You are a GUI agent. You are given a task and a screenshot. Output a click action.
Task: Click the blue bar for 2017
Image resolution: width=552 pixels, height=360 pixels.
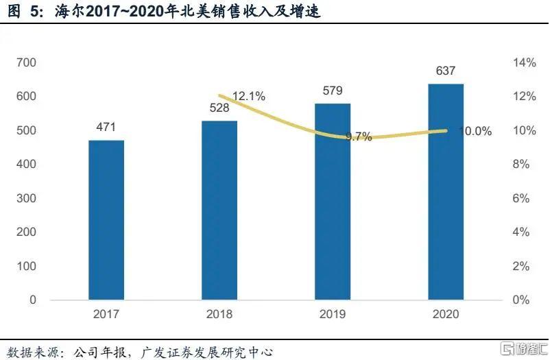click(106, 220)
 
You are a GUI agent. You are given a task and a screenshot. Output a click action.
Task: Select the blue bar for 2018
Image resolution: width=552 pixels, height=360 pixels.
click(219, 211)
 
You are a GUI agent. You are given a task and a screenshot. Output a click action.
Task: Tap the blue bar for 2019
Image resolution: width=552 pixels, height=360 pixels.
click(333, 202)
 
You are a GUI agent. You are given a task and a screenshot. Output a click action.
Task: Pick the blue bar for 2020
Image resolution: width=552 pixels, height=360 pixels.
click(446, 192)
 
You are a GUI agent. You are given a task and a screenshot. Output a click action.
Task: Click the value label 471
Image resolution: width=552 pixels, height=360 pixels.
click(106, 127)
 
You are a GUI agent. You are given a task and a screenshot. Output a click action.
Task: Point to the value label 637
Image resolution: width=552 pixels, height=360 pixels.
click(446, 71)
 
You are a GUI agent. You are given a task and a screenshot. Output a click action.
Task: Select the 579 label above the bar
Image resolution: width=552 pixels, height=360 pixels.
click(333, 91)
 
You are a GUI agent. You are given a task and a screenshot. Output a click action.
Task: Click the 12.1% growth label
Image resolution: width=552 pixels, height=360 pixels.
click(248, 97)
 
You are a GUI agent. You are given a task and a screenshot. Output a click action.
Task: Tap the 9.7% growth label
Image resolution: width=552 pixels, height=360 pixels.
click(359, 136)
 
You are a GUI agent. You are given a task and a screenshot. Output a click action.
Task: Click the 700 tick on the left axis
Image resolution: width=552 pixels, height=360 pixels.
click(27, 63)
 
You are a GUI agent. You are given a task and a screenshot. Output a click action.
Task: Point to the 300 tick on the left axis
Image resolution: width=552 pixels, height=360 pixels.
click(27, 199)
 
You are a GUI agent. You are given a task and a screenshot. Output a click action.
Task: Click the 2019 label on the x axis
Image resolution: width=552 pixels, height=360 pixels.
click(333, 314)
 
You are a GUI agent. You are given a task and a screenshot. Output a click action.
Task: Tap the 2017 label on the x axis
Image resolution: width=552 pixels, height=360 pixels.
click(106, 314)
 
